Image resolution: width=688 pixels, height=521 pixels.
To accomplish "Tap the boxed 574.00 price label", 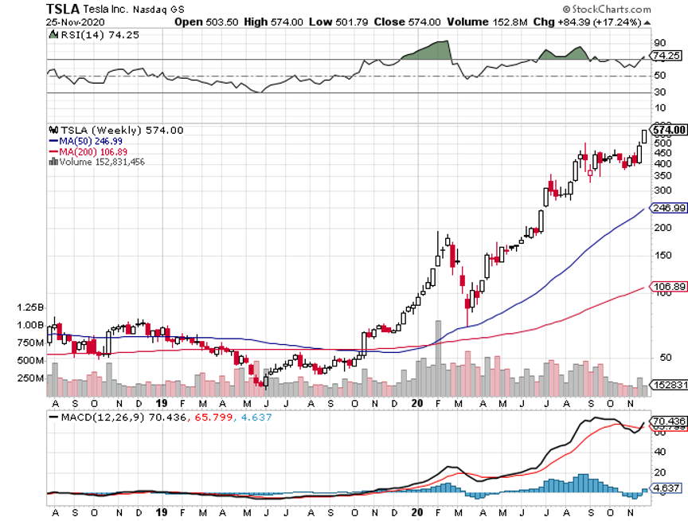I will (668, 129).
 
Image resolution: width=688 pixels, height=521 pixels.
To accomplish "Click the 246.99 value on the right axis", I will (668, 207).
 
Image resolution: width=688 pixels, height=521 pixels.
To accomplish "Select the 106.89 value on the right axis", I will (668, 286).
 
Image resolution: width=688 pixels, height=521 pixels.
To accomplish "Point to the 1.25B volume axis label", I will (29, 307).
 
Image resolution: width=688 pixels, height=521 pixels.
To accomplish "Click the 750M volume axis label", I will (29, 343).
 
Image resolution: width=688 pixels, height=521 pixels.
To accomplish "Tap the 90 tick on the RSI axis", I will (659, 42).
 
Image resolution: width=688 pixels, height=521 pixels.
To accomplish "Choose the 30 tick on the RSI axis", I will (659, 92).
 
